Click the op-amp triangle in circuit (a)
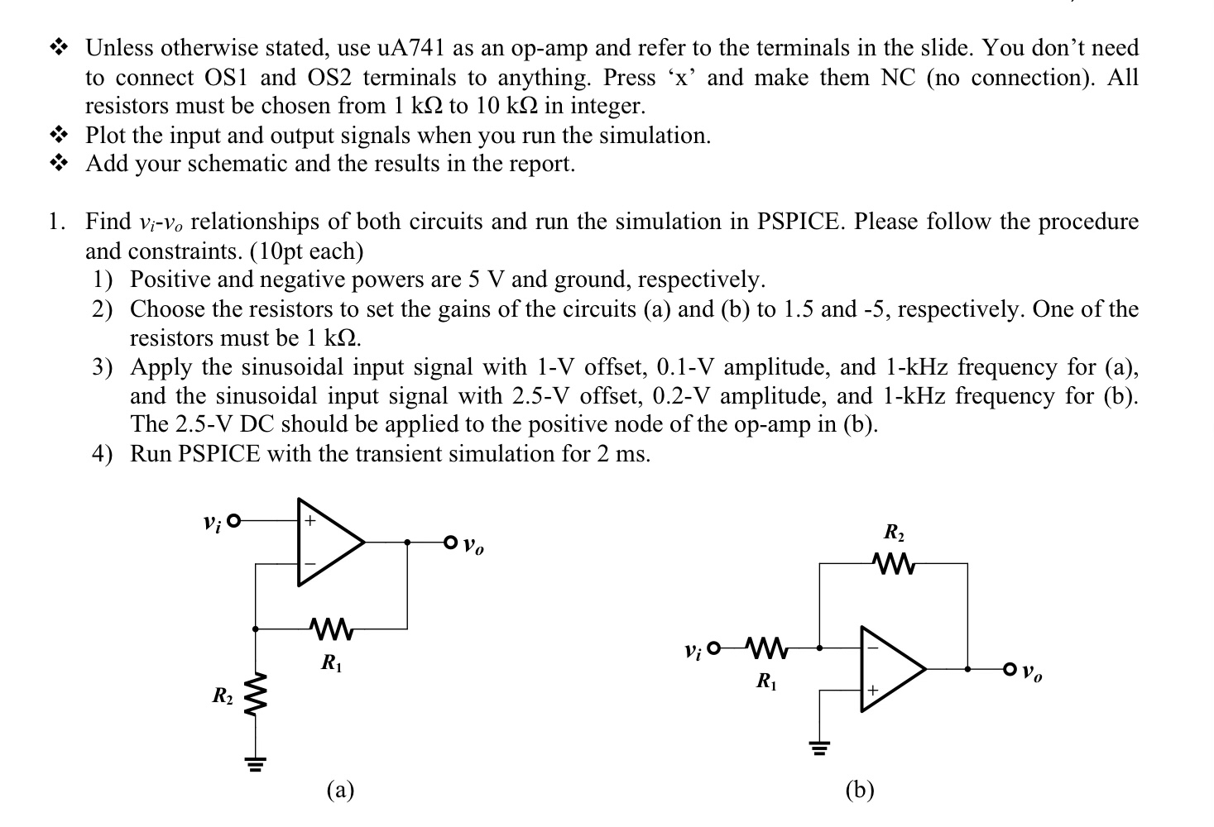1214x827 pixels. pyautogui.click(x=327, y=543)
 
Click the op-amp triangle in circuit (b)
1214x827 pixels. pyautogui.click(x=889, y=668)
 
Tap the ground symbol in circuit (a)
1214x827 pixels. pyautogui.click(x=256, y=764)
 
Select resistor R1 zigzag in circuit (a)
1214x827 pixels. pyautogui.click(x=332, y=630)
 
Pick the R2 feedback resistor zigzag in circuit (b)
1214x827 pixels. pyautogui.click(x=894, y=565)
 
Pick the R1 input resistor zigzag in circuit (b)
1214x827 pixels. pyautogui.click(x=766, y=647)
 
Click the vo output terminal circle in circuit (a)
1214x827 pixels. pyautogui.click(x=450, y=543)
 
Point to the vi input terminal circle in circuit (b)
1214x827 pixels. pyautogui.click(x=716, y=647)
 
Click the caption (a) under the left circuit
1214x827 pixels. pyautogui.click(x=340, y=791)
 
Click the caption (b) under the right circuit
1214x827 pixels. pyautogui.click(x=860, y=791)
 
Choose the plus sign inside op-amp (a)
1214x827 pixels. pyautogui.click(x=309, y=522)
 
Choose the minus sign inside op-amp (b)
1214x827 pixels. pyautogui.click(x=871, y=648)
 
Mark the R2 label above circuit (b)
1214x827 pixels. pyautogui.click(x=895, y=532)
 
